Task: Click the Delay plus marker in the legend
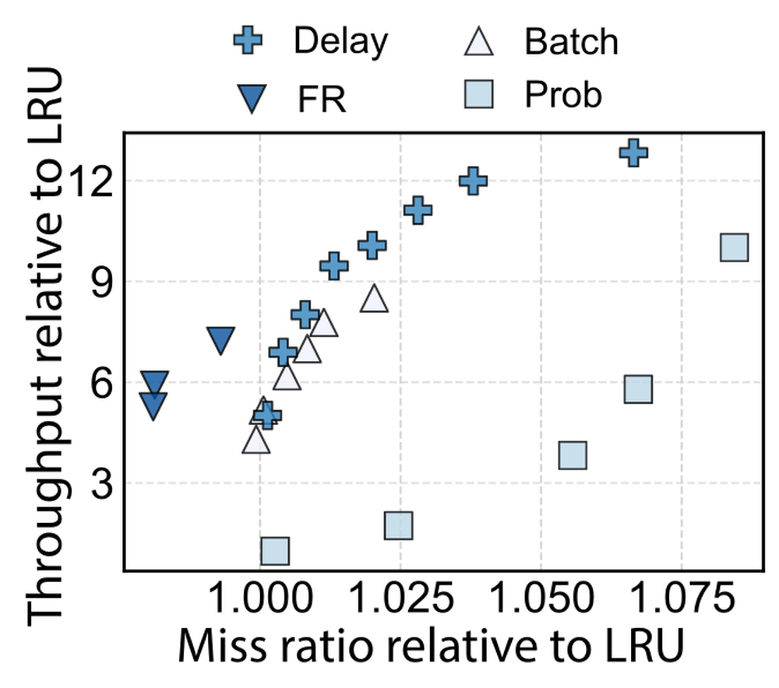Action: [248, 40]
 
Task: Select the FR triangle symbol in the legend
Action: [252, 98]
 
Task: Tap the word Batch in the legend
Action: [571, 41]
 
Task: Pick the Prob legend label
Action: [563, 94]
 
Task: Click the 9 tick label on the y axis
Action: [101, 281]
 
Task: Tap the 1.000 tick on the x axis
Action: [260, 597]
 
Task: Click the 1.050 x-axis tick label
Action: [541, 597]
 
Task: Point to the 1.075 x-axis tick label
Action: [682, 597]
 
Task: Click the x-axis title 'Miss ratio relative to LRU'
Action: [432, 646]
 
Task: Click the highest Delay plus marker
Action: [633, 153]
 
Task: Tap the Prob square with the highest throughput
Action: [735, 247]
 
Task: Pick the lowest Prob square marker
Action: [275, 550]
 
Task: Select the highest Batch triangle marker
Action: [374, 298]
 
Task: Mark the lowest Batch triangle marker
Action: [256, 440]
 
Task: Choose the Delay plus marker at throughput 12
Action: [473, 181]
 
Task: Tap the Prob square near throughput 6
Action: [639, 388]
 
